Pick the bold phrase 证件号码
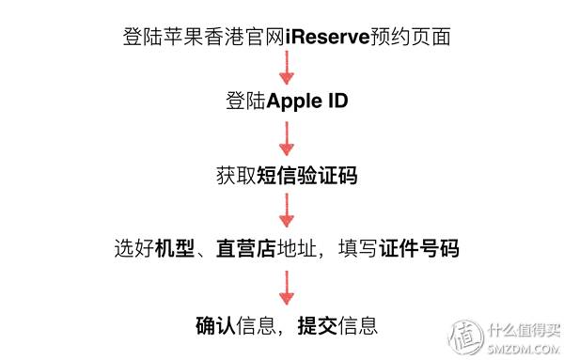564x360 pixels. point(420,250)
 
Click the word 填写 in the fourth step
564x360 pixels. point(361,250)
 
